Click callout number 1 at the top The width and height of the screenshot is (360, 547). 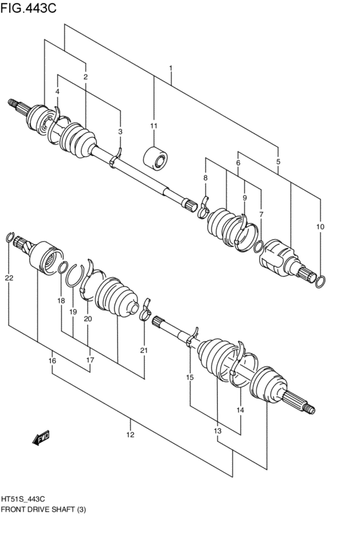pos(171,68)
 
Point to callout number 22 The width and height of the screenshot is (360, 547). pos(8,278)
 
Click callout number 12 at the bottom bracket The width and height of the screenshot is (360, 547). pos(130,435)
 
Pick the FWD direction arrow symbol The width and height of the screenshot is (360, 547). pos(42,438)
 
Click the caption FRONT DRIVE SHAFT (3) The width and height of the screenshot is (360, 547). pos(44,509)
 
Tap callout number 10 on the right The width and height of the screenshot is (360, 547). pos(320,227)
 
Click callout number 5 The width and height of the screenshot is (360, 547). pos(278,162)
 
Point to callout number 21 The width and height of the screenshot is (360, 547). pos(144,350)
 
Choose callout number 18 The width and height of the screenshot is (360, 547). pos(60,301)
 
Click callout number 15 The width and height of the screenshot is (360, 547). pos(190,378)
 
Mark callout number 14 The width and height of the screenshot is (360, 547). pos(240,409)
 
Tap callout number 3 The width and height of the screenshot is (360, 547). pos(120,132)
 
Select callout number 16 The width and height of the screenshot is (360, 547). pos(52,361)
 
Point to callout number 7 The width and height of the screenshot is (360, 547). pos(261,214)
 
